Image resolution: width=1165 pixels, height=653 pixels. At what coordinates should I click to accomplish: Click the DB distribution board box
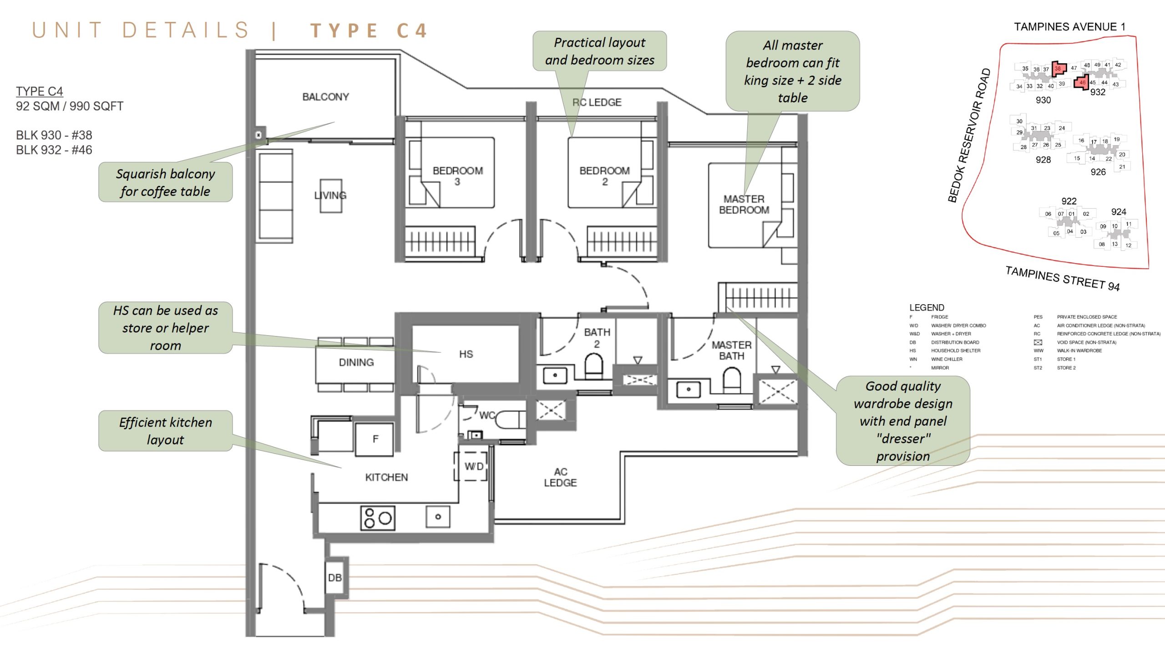(335, 577)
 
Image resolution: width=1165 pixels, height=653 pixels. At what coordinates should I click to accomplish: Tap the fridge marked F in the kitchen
(375, 439)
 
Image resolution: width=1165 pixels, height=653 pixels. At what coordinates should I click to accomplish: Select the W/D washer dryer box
(473, 466)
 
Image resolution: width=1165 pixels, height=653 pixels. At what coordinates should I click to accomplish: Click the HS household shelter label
(466, 354)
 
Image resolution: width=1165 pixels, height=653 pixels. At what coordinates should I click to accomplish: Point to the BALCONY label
(326, 97)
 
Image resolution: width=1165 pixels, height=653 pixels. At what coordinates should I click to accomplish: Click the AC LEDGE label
(560, 477)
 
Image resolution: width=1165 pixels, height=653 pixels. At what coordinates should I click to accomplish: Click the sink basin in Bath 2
(555, 376)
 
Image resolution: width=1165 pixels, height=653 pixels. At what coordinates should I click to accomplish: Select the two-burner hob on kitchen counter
(377, 518)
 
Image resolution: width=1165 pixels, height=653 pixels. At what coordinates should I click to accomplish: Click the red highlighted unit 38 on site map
(1058, 69)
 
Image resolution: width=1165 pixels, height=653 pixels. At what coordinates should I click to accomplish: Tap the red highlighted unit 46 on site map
(1082, 83)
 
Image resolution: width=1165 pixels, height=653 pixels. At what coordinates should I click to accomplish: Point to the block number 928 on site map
(1043, 160)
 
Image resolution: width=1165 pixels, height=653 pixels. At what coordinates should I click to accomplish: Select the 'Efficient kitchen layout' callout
(165, 431)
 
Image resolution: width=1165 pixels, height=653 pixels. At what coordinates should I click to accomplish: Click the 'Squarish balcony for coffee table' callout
(165, 182)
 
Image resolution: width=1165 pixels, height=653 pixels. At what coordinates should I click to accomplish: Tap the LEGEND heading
(927, 307)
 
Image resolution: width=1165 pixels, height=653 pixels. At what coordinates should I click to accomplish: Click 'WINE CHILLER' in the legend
(947, 359)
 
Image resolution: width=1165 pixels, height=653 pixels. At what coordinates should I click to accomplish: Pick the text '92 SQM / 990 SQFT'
(70, 106)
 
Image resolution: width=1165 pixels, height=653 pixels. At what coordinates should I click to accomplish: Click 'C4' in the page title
(412, 31)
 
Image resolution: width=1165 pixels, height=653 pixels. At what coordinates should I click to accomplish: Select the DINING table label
(356, 362)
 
